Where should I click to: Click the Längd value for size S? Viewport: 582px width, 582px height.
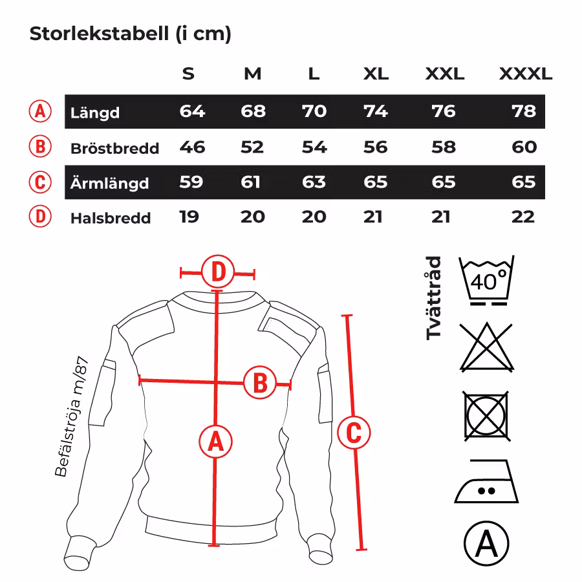(x=192, y=112)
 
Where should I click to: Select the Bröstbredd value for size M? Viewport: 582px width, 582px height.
(x=252, y=147)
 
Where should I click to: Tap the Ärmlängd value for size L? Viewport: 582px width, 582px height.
(x=314, y=182)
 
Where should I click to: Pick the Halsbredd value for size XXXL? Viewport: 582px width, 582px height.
(x=523, y=217)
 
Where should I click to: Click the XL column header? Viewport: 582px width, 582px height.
(x=376, y=74)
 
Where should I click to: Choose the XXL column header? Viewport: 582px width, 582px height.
(x=444, y=74)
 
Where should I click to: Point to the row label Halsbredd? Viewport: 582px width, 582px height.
(x=111, y=218)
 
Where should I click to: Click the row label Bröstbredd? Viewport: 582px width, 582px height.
(x=114, y=149)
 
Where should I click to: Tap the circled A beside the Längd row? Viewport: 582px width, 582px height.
(x=40, y=111)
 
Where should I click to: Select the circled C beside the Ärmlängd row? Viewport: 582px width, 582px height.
(x=40, y=182)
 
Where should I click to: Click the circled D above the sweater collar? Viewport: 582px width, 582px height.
(x=218, y=272)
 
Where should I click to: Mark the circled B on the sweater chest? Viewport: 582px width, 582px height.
(x=259, y=383)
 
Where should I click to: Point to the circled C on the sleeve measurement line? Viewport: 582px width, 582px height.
(x=354, y=432)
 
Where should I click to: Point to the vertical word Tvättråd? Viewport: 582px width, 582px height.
(x=434, y=298)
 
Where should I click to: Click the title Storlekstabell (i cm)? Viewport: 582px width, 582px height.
(x=130, y=34)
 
